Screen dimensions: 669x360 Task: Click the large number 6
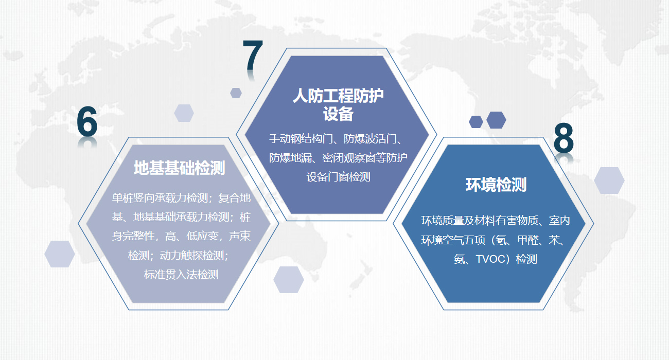[87, 122]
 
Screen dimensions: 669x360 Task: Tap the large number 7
[253, 55]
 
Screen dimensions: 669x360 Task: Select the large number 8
[564, 138]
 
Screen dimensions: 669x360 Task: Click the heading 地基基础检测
[180, 168]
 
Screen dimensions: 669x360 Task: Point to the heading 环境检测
[496, 185]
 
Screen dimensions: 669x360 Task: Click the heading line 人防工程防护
[339, 96]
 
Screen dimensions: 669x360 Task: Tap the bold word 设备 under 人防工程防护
[339, 114]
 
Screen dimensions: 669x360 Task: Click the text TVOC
[489, 259]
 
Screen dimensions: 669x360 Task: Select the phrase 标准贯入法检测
[181, 274]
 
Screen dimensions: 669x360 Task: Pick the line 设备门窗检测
[339, 177]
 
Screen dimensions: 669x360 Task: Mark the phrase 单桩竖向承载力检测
[160, 198]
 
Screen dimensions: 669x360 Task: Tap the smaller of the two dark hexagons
[476, 122]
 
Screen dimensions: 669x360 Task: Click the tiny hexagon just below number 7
[236, 93]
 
